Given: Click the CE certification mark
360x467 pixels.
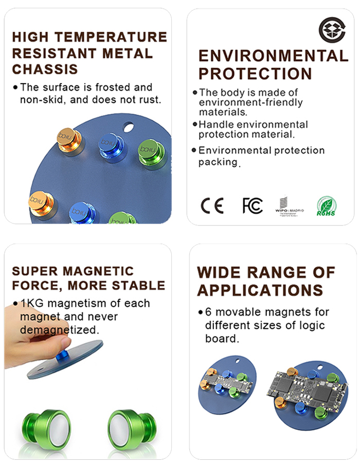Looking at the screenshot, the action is [212, 206].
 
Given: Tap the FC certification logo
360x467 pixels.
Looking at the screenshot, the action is [253, 206].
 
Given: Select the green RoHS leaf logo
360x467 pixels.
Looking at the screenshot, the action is [326, 206].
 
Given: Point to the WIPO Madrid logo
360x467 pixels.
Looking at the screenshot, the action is [289, 206].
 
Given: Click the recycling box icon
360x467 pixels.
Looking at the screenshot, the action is [332, 30].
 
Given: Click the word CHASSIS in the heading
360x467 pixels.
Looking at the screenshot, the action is [45, 69].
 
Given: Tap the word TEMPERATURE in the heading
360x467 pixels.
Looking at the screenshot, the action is [111, 37].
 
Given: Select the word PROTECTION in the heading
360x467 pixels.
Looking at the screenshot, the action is [255, 74].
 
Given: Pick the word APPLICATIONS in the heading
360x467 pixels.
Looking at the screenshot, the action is [260, 290].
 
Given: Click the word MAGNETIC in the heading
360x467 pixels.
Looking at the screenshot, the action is [98, 271].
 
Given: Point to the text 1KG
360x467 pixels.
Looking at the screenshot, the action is [32, 304].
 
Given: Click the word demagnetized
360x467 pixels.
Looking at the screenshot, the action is [59, 330].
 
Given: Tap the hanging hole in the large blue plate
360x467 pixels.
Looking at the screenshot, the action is [129, 127].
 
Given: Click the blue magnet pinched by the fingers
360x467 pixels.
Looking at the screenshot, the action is [63, 356].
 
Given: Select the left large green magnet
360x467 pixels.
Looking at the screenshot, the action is [46, 429].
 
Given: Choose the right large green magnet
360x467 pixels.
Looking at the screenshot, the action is [132, 429].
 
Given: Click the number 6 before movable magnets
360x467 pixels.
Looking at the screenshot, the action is [208, 312].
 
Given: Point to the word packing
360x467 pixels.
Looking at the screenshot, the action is [218, 162].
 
